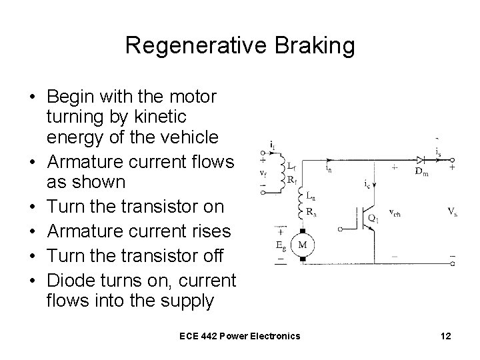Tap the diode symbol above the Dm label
coord(420,161)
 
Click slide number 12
coord(445,336)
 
